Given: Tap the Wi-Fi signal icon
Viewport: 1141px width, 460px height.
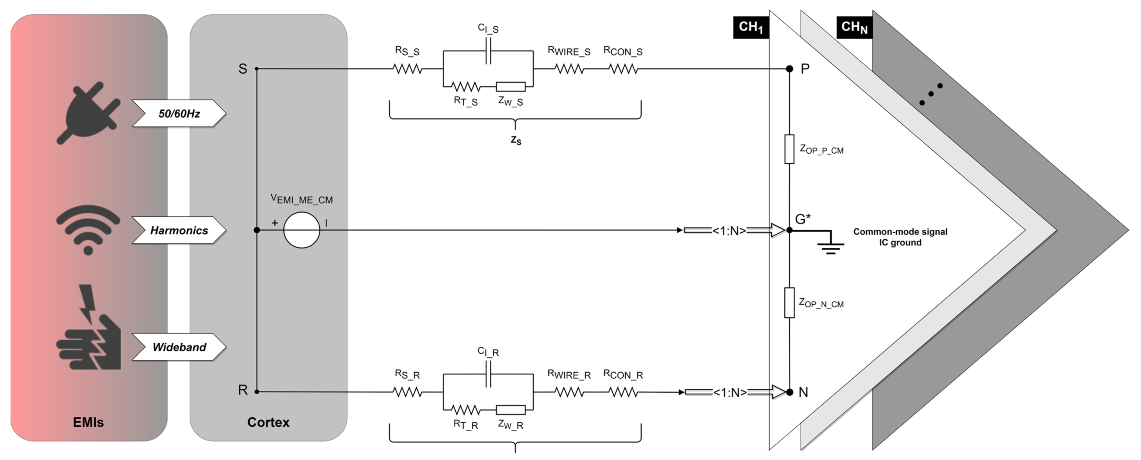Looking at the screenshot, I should (88, 229).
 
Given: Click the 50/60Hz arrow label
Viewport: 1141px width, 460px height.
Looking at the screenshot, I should (179, 114).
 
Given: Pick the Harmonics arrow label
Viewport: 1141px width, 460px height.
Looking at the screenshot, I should (179, 230).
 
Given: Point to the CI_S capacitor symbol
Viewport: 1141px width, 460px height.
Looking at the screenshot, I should (488, 51).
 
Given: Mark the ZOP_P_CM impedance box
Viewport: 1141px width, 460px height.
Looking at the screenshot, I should (789, 149).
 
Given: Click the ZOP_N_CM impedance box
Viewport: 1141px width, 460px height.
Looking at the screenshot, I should (789, 303).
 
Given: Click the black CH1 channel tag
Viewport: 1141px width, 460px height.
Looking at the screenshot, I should (751, 27).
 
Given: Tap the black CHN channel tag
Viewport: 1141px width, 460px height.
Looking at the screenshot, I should (854, 27).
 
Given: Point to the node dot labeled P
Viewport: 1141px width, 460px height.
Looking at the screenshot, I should (789, 69).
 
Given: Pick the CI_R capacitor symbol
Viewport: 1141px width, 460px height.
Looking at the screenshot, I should (488, 374).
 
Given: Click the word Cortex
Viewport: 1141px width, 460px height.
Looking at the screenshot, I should (268, 422).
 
